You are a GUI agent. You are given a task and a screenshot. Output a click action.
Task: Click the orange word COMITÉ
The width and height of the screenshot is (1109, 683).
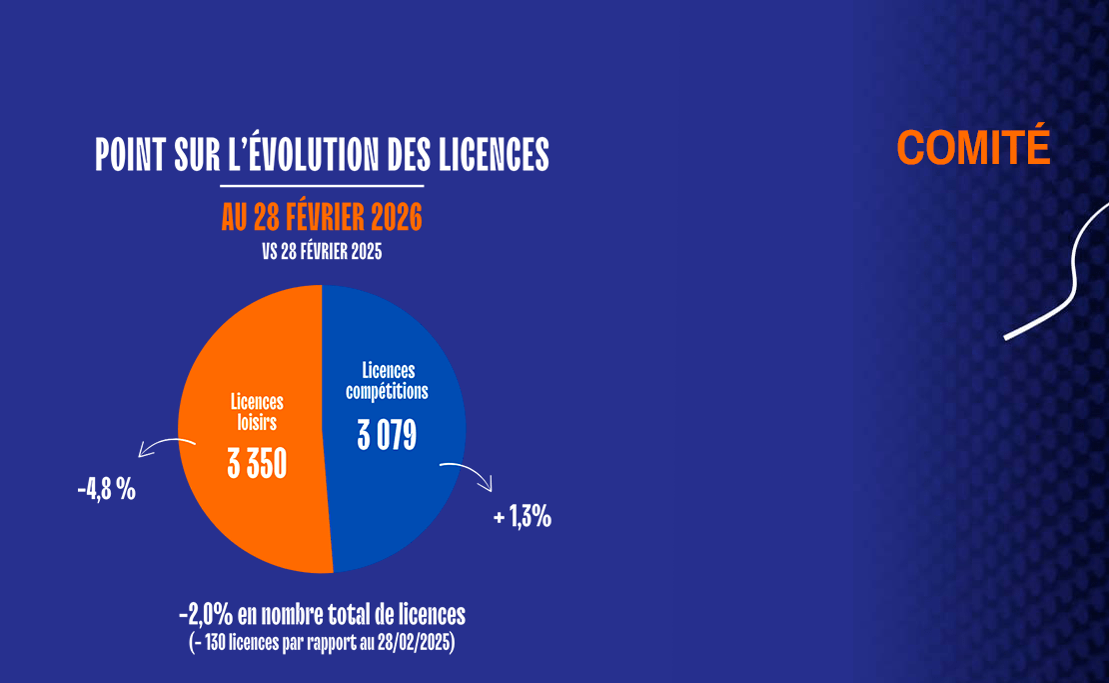tap(973, 147)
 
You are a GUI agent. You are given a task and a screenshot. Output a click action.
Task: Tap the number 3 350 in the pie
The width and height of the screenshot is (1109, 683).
tap(257, 465)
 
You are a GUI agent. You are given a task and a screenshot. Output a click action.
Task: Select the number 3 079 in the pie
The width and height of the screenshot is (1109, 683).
tap(387, 436)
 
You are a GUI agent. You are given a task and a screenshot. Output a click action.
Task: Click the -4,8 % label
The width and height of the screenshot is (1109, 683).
tap(106, 491)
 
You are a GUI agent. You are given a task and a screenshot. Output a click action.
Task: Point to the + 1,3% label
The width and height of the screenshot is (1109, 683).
tap(523, 518)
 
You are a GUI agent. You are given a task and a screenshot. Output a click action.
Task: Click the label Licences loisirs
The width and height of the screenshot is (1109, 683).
tap(257, 412)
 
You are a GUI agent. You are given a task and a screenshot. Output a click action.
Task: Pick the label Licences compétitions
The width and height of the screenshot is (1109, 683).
tap(388, 381)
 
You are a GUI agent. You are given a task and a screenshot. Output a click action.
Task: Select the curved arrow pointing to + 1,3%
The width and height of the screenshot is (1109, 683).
tap(468, 472)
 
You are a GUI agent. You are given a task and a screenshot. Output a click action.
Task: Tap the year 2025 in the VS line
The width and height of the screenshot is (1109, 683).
tap(364, 253)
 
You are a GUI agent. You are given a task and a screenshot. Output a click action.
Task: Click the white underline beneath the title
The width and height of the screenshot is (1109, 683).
tap(322, 186)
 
